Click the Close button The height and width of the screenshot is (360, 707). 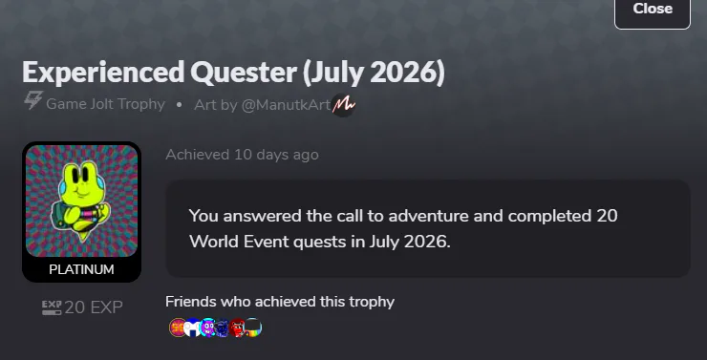click(x=653, y=11)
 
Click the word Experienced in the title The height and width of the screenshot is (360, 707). click(x=103, y=72)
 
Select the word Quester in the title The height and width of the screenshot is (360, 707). click(x=244, y=73)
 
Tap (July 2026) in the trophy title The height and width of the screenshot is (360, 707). click(x=374, y=73)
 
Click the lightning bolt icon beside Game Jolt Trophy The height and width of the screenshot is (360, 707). click(x=33, y=100)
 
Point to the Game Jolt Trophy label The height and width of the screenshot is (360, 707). click(x=105, y=104)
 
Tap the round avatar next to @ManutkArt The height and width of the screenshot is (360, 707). click(x=344, y=105)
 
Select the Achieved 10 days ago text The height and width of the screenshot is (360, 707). click(x=242, y=155)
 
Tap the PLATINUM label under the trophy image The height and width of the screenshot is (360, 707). click(x=81, y=269)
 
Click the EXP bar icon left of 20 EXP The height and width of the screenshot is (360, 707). click(x=52, y=307)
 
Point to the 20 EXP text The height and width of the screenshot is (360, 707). click(x=94, y=307)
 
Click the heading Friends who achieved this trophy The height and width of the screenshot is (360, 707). click(x=280, y=302)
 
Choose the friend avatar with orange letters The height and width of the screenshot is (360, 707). click(x=178, y=328)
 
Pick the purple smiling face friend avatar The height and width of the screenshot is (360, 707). click(x=207, y=328)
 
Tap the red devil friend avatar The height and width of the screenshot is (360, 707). click(x=237, y=328)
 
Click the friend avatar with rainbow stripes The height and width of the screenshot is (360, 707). click(x=253, y=328)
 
